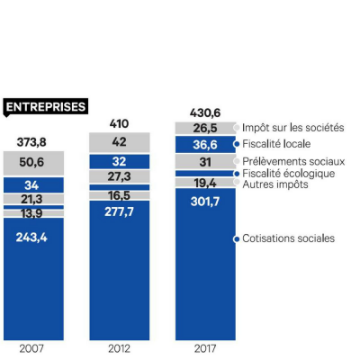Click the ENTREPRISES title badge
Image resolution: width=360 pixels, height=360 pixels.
click(x=45, y=106)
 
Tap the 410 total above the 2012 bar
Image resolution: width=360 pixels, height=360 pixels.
click(x=119, y=121)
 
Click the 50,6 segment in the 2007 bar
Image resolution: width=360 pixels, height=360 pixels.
click(x=33, y=163)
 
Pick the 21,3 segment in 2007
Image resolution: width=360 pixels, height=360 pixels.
click(x=33, y=199)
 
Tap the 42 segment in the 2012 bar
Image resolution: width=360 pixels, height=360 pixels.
click(x=119, y=142)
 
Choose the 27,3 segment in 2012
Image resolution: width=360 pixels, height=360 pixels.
click(x=119, y=176)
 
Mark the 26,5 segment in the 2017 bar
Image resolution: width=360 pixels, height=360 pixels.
click(x=205, y=128)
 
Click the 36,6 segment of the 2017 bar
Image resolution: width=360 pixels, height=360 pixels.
click(x=205, y=144)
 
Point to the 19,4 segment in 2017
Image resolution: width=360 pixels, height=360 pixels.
click(x=205, y=183)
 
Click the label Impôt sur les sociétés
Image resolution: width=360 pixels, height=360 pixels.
click(x=292, y=128)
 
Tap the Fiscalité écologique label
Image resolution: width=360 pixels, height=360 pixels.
click(x=288, y=173)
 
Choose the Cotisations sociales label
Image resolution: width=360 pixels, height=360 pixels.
click(x=288, y=238)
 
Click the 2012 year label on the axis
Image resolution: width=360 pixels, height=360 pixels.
click(x=119, y=346)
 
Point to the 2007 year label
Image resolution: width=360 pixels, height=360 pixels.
click(x=33, y=346)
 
